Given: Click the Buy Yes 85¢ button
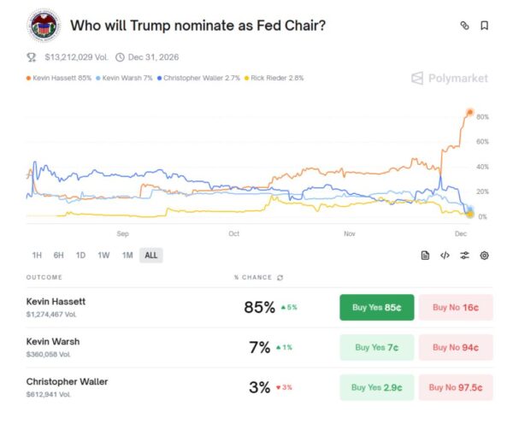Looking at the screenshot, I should tap(377, 308).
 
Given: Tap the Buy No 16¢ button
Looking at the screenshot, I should tap(456, 308).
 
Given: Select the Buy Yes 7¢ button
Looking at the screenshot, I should tap(377, 347).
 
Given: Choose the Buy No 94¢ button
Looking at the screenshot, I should tap(456, 347).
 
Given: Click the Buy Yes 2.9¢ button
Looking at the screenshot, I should tap(377, 386).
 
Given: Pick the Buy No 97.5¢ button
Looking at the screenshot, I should tap(456, 386).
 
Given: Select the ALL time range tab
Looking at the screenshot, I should tap(150, 255).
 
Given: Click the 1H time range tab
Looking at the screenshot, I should tap(37, 255).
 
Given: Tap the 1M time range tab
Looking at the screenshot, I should tap(127, 255).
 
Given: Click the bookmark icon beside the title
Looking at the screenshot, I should tap(484, 26).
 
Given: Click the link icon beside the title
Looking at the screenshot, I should tap(464, 26).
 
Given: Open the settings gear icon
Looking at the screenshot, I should tap(484, 255).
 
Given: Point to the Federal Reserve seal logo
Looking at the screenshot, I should tap(42, 26).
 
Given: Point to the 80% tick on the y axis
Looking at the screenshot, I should tap(482, 116).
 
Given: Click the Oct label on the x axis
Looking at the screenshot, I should tap(233, 233).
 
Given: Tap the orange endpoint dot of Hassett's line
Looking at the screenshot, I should tap(469, 112).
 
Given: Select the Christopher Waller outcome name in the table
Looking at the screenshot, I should tap(68, 381).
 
